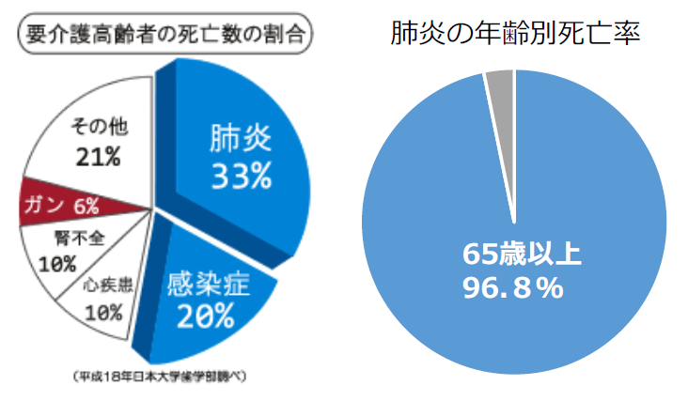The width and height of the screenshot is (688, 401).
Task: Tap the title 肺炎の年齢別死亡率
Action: tap(516, 35)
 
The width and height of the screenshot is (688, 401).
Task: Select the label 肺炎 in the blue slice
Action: tap(241, 140)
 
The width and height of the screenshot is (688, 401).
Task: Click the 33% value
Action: tap(241, 176)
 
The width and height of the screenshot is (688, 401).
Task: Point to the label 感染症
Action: tap(208, 282)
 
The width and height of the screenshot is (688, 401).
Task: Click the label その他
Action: tap(99, 125)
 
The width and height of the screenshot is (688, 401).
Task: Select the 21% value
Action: tap(99, 156)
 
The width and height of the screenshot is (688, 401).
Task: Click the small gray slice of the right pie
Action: tap(499, 86)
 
